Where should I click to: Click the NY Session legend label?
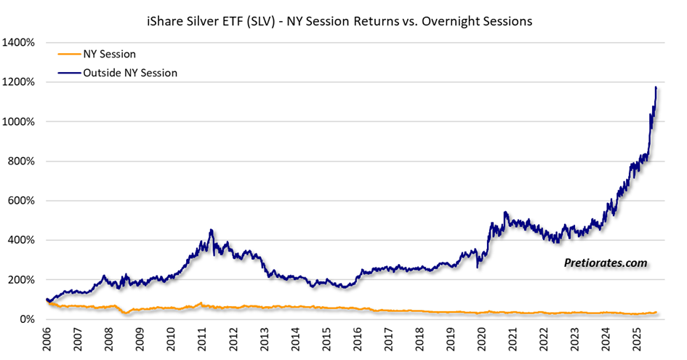(x=109, y=55)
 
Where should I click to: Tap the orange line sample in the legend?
(x=69, y=55)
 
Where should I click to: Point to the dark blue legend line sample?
(x=69, y=72)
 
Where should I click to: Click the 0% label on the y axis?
(x=27, y=319)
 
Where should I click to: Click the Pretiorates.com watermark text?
(x=605, y=263)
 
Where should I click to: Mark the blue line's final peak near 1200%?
(x=656, y=88)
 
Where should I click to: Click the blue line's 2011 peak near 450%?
(x=211, y=231)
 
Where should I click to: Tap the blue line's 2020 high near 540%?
(x=505, y=212)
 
